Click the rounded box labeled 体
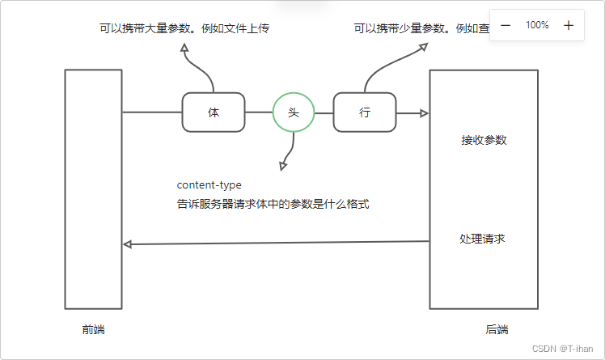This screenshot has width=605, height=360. pos(214,112)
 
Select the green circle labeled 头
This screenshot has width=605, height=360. pos(293,112)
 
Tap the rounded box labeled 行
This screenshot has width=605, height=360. pos(365,112)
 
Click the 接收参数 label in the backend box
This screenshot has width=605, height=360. pos(484,140)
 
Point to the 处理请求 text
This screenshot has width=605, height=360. pos(483,239)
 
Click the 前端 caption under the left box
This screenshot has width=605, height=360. pos(93,329)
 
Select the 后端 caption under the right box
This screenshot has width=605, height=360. pos(497,329)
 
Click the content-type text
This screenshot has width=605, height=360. pos(209,185)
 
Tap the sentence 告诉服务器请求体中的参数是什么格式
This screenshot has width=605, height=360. pos(273,205)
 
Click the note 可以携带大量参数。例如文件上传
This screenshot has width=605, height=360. pos(184,28)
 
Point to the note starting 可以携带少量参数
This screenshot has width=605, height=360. pos(421,28)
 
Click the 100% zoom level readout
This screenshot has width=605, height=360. pos(537,25)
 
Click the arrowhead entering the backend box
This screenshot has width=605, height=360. pos(424,113)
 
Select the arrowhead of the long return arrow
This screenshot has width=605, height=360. pos(127,244)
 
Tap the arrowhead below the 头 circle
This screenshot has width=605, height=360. pos(282,166)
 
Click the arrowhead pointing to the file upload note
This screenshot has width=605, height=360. pos(185,49)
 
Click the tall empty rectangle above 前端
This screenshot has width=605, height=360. pos(93,188)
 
